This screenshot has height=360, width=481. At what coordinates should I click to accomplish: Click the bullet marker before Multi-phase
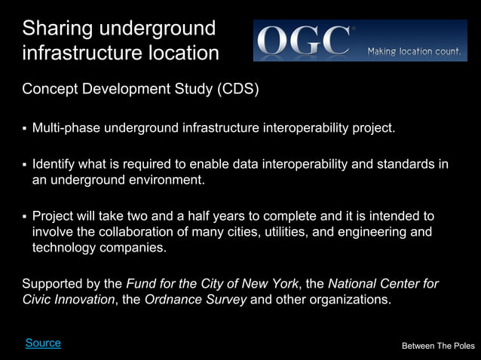(25, 128)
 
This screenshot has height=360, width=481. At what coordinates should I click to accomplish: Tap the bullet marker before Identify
(25, 165)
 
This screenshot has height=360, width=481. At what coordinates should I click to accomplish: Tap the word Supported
(53, 284)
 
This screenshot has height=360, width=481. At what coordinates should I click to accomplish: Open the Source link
(43, 343)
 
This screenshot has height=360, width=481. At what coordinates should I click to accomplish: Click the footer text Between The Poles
(438, 346)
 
